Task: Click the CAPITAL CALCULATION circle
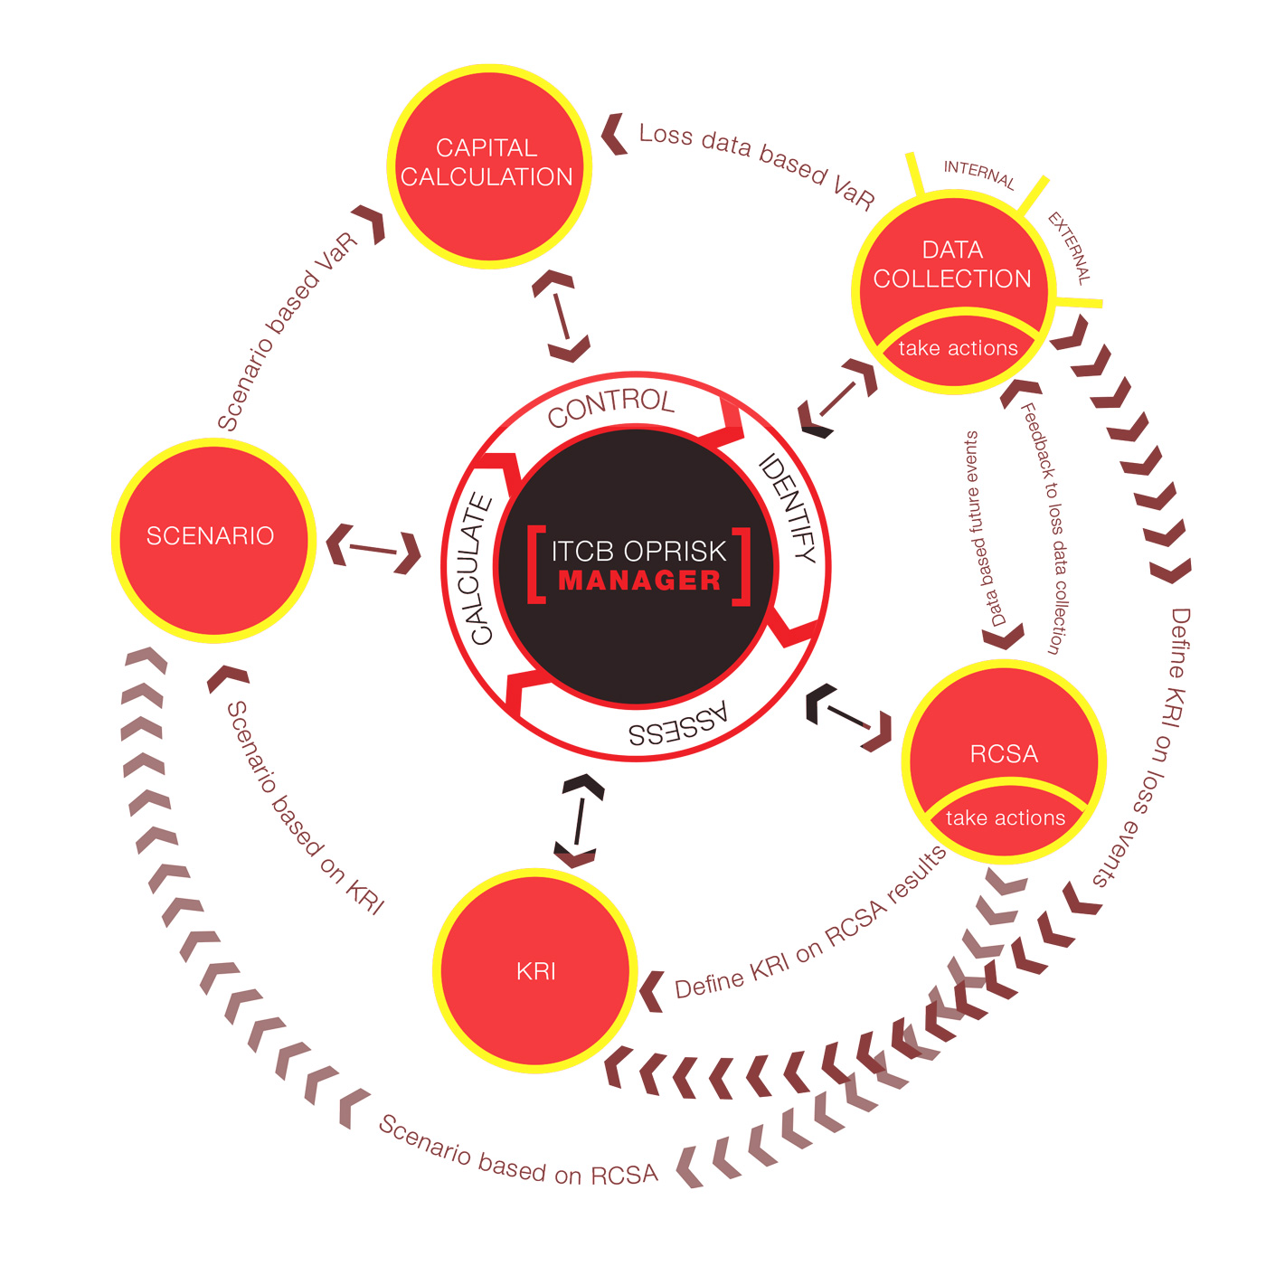[x=489, y=166]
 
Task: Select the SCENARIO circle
[x=213, y=540]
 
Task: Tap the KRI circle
[x=534, y=970]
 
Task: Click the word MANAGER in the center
[x=639, y=581]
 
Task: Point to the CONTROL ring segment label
[x=611, y=407]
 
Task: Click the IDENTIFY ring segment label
[x=789, y=508]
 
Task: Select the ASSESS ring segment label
[x=678, y=724]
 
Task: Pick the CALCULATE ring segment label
[x=481, y=569]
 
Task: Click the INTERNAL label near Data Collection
[x=979, y=175]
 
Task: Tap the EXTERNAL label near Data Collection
[x=1070, y=248]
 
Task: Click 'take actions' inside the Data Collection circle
[x=958, y=347]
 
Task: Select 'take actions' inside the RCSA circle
[x=1006, y=817]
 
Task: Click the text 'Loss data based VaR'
[x=757, y=165]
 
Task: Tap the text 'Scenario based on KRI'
[x=305, y=808]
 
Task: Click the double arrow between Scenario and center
[x=373, y=549]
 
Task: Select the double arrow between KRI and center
[x=578, y=820]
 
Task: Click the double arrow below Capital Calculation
[x=561, y=316]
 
